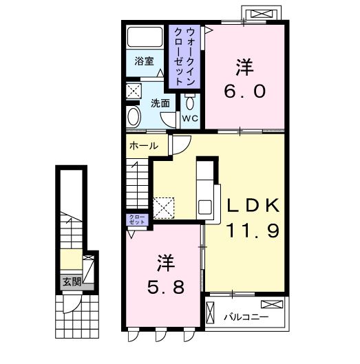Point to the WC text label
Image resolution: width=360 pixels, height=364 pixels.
click(x=190, y=118)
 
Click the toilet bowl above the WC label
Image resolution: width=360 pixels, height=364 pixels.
click(x=190, y=101)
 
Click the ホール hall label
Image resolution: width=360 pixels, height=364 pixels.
click(x=143, y=146)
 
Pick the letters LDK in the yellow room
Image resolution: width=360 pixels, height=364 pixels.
click(x=252, y=206)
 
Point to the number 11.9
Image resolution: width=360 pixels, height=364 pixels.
click(x=252, y=231)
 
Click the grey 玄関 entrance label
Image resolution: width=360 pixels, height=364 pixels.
click(x=71, y=281)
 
